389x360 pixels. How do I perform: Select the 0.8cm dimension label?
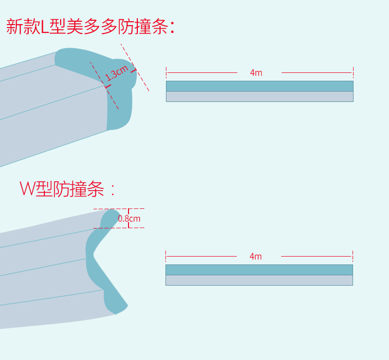click(x=129, y=218)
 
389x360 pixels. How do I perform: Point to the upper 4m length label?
click(x=256, y=73)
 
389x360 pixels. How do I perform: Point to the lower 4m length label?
click(x=256, y=257)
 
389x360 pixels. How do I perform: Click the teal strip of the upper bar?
click(x=259, y=86)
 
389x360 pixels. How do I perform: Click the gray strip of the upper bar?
click(x=259, y=97)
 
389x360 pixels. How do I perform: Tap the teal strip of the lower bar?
click(x=259, y=270)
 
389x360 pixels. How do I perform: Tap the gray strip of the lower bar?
click(x=259, y=280)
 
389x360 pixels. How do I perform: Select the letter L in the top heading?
click(x=45, y=27)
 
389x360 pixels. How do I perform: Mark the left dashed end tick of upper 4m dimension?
click(x=166, y=72)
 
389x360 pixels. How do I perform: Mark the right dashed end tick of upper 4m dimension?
click(x=353, y=72)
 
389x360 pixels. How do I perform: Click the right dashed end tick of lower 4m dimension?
click(x=353, y=256)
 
